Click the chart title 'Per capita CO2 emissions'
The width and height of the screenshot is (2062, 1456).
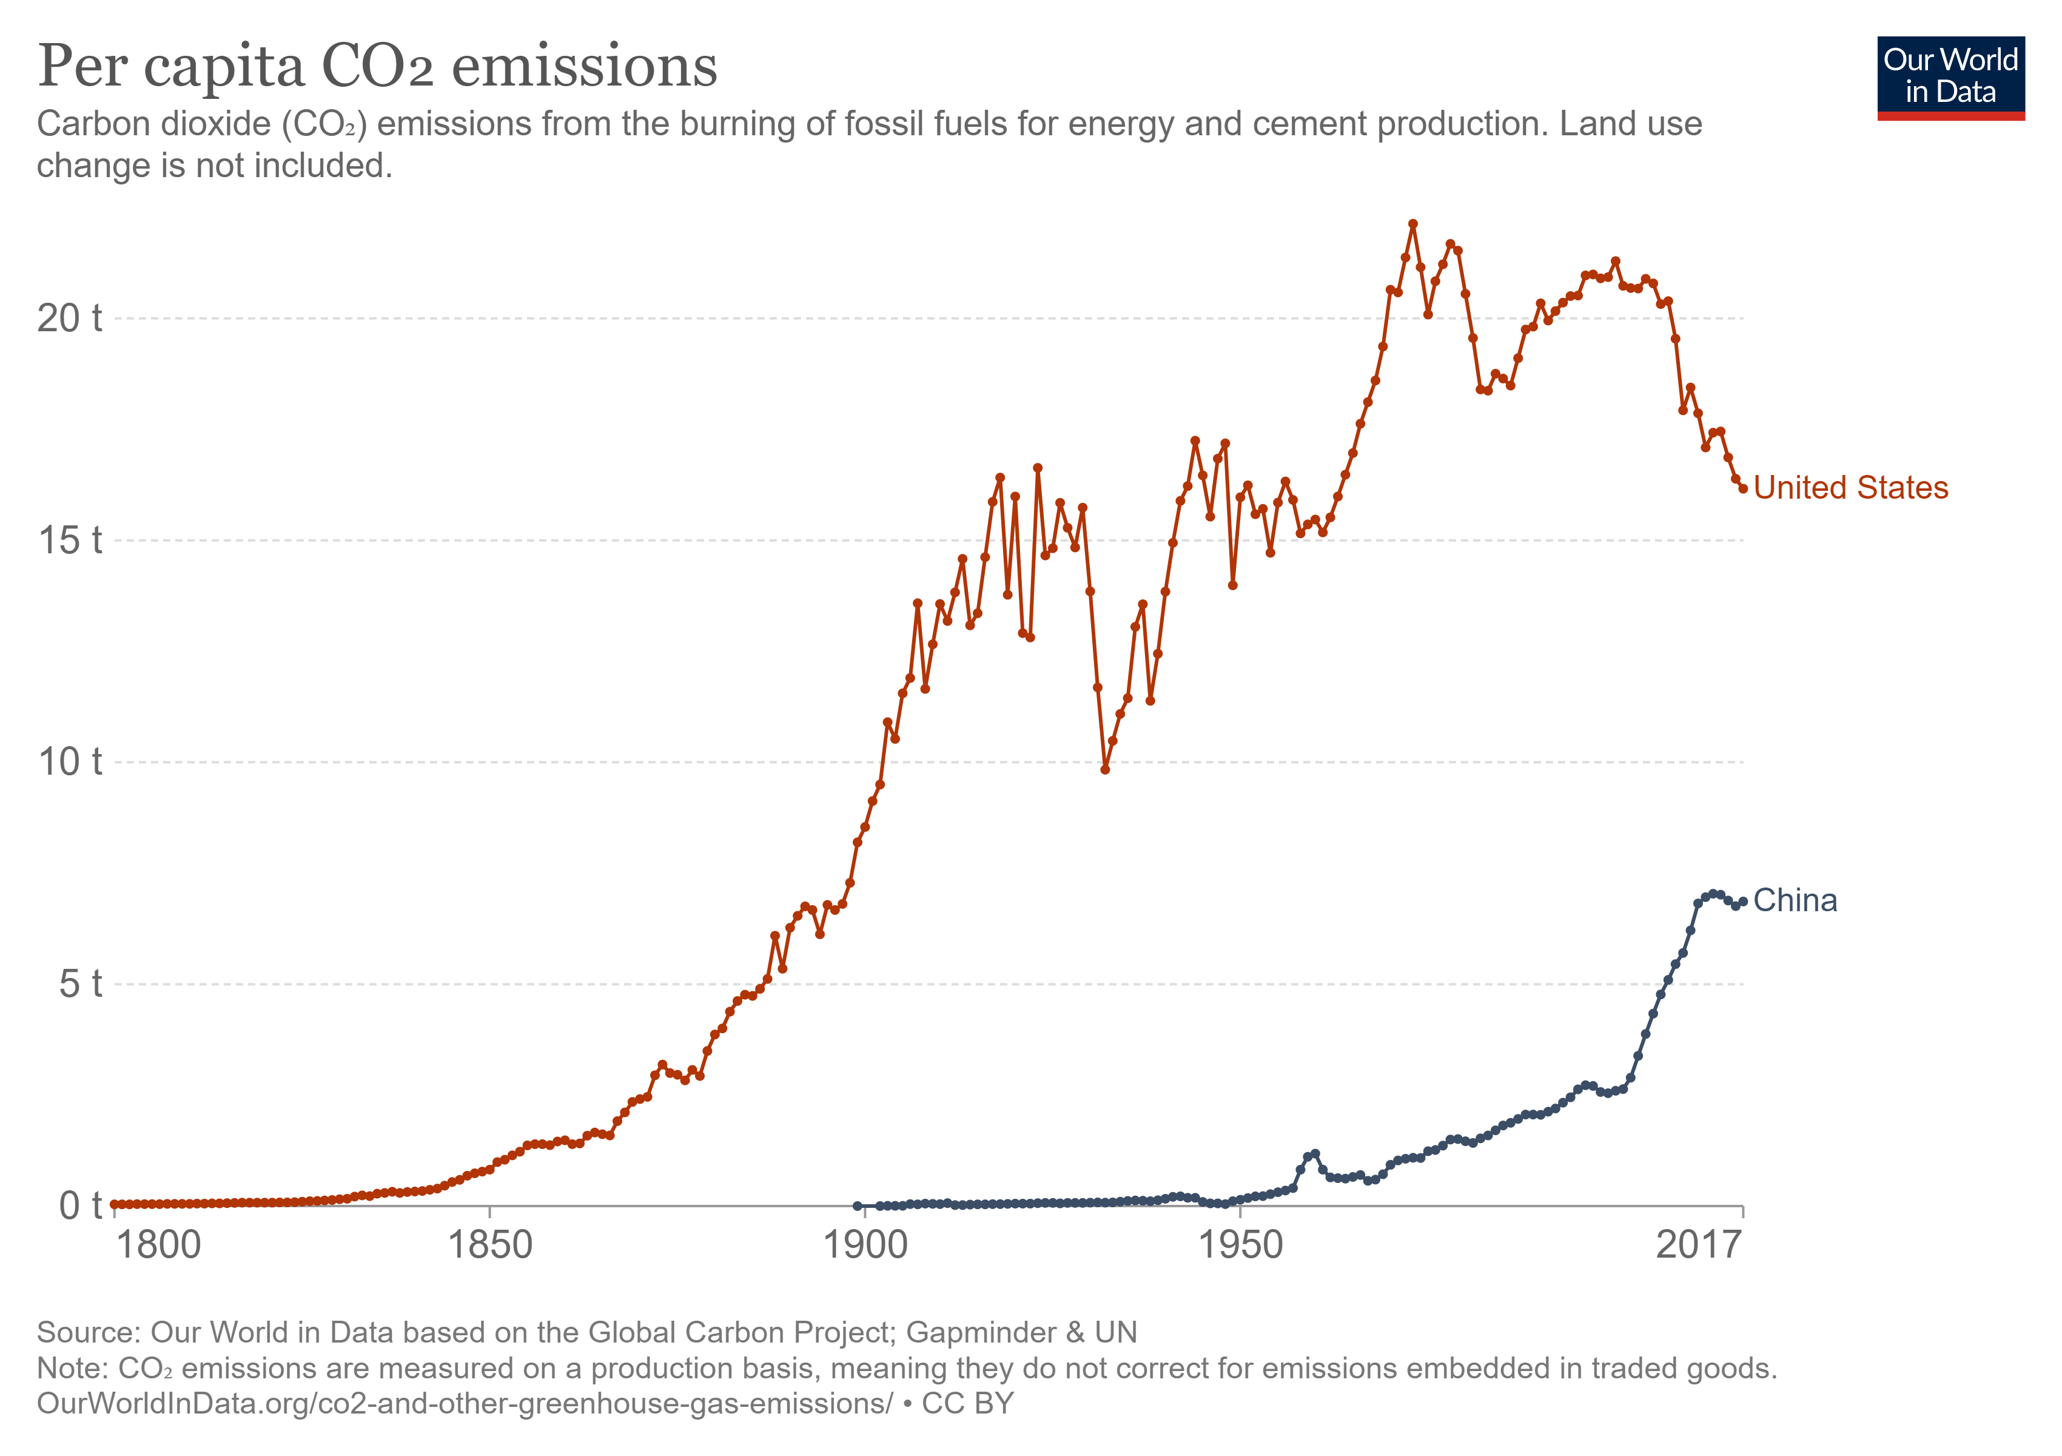pos(377,67)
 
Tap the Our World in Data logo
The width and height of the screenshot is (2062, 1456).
pos(1950,77)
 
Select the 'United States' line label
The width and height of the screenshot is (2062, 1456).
pos(1850,488)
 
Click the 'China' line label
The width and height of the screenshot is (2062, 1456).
pos(1795,900)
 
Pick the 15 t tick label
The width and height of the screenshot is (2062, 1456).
pos(69,540)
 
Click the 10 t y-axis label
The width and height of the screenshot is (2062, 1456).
pos(69,762)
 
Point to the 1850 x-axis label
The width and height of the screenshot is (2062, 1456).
pos(489,1246)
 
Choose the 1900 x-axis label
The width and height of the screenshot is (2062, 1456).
pos(865,1246)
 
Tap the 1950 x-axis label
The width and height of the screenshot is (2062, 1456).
pos(1240,1246)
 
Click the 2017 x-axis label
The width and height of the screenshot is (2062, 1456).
pos(1698,1246)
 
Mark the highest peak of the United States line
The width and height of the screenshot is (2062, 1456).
pos(1412,224)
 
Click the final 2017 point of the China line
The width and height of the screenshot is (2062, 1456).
pos(1743,901)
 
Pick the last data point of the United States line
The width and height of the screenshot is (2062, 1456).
pos(1743,488)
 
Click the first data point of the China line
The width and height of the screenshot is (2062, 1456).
pos(857,1205)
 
